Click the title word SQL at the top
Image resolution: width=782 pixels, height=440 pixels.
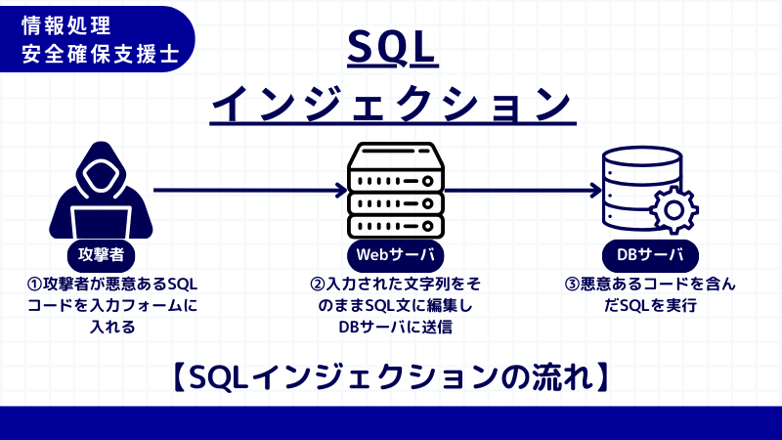coord(390,46)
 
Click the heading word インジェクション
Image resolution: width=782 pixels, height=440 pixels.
coord(390,103)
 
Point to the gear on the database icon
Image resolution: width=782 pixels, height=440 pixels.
coord(672,209)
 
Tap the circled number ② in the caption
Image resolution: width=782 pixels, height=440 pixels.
coord(317,285)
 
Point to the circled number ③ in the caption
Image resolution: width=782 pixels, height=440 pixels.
coord(574,285)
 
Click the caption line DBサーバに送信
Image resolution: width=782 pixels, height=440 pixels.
coord(395,328)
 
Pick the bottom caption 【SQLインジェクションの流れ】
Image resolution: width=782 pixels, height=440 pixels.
coord(390,376)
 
